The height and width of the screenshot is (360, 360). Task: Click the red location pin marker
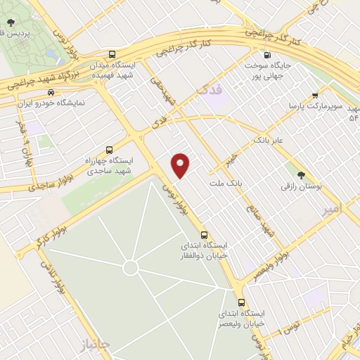181,165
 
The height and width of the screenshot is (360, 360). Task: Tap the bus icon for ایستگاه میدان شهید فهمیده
113,54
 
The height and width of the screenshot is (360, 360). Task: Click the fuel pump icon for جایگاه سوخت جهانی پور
266,56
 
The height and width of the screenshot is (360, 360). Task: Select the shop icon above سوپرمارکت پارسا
316,95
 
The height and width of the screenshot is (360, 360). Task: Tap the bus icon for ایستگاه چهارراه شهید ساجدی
109,149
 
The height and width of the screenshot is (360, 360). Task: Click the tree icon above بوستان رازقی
302,175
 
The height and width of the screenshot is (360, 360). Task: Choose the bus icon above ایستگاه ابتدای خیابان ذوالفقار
204,235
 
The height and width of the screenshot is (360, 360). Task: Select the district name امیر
329,210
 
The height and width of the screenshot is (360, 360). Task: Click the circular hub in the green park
130,267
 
